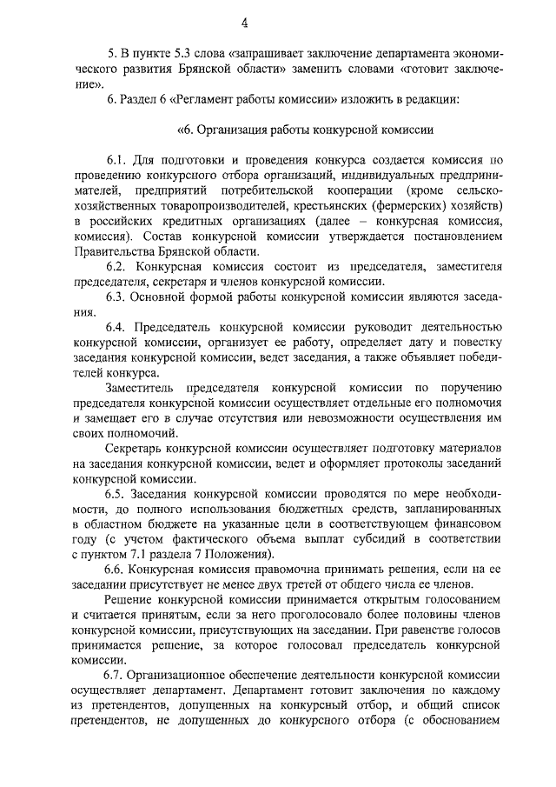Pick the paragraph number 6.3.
[x=116, y=297]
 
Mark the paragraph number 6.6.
[x=116, y=568]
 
